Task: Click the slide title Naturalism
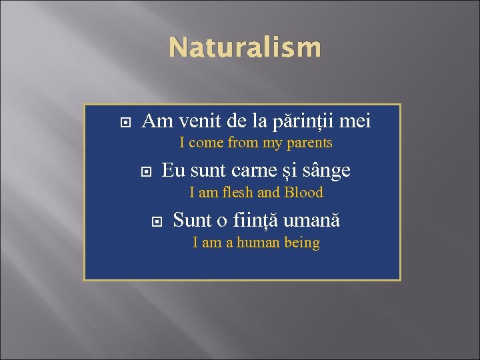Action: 244,48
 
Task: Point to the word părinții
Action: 303,122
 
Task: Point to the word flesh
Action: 235,193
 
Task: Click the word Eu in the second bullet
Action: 173,171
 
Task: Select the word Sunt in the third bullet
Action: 191,219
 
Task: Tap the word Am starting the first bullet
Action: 157,122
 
